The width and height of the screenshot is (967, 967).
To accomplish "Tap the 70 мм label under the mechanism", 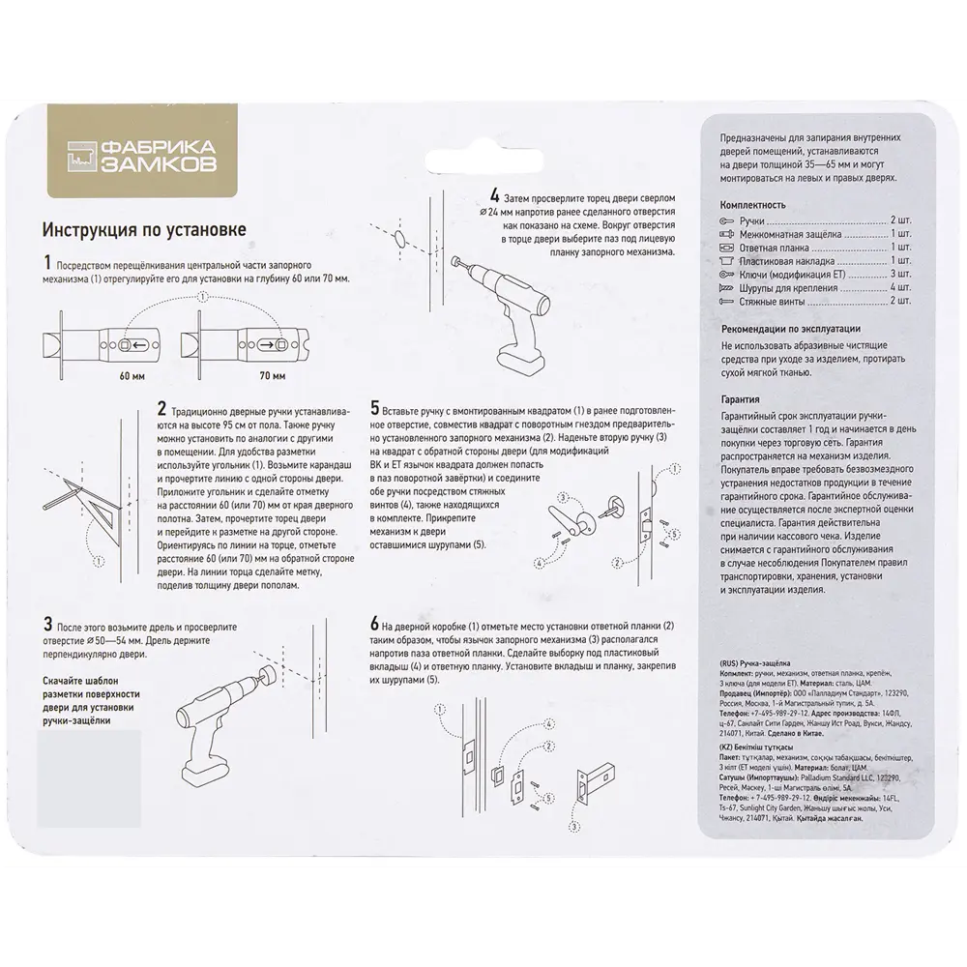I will pos(272,374).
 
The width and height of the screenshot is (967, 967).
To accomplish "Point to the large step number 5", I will pos(374,409).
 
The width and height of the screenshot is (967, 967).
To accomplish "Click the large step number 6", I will pos(374,624).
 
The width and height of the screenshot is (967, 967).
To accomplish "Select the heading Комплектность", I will pos(752,205).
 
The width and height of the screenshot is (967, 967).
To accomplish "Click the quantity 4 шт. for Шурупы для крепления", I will pos(899,287).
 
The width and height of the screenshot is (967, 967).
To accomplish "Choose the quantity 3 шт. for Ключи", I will pos(899,274).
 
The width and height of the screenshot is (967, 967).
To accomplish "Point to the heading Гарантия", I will pos(740,398).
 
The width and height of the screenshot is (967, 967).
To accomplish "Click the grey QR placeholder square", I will pos(89,778).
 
